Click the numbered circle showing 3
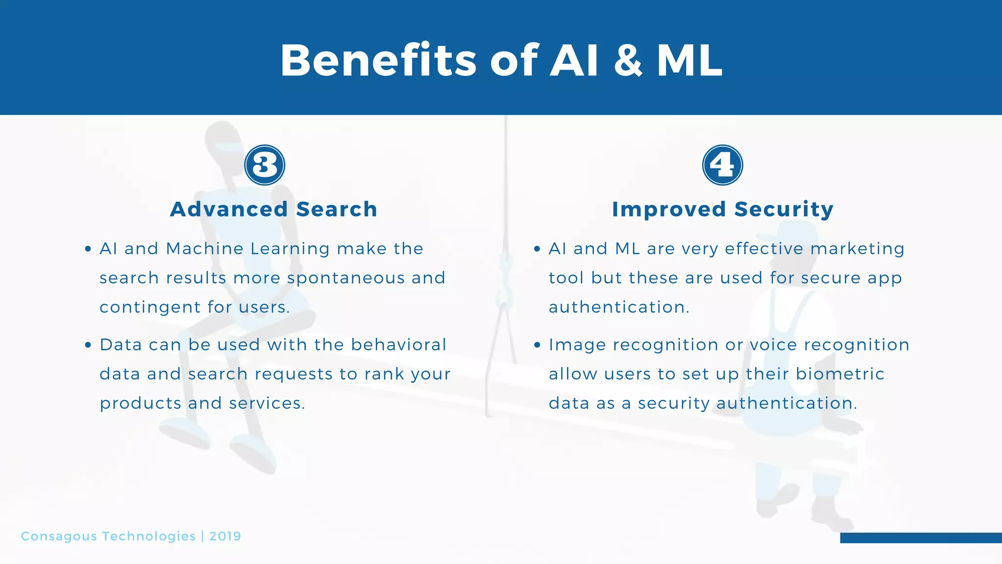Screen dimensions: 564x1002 tap(265, 165)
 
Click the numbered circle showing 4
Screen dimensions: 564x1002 tap(722, 165)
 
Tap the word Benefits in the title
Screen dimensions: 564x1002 tap(378, 61)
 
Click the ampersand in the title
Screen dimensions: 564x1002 tap(628, 61)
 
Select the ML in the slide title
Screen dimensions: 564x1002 tap(689, 61)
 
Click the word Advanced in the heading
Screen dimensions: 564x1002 tap(228, 209)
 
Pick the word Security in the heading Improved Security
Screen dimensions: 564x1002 tap(784, 209)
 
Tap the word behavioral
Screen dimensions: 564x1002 tap(398, 345)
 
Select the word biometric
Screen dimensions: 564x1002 tap(840, 374)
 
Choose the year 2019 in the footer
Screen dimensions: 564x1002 tap(225, 536)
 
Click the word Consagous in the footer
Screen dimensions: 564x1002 tap(59, 536)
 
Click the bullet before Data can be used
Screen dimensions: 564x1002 tap(88, 345)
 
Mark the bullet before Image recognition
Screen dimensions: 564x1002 tap(537, 345)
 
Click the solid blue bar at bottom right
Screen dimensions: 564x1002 tap(920, 538)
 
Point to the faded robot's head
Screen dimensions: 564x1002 tap(224, 142)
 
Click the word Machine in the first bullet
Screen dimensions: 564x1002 tap(205, 249)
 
